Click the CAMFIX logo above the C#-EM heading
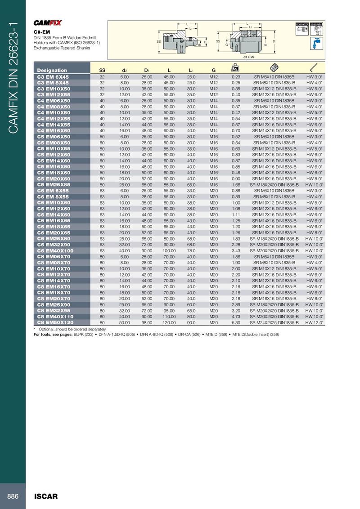point(48,23)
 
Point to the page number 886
point(13,496)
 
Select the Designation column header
point(52,70)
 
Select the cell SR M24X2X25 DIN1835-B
point(274,322)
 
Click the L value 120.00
point(169,322)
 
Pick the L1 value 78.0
point(191,250)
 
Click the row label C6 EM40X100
point(54,250)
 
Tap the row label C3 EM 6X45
point(53,77)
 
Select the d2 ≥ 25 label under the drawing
point(249,58)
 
